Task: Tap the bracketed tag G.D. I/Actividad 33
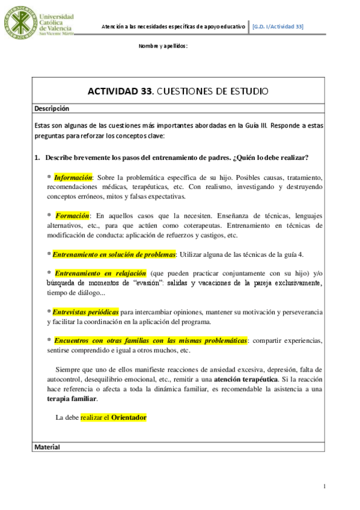coord(278,26)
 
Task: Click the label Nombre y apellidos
coord(163,46)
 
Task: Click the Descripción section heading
coord(52,109)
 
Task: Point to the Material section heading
coord(47,447)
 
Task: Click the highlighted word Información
coord(73,177)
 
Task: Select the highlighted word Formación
coord(72,215)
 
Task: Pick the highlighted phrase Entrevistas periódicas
coord(85,312)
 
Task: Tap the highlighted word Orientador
coord(129,417)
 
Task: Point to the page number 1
coord(324,486)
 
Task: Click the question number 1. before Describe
coord(37,158)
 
